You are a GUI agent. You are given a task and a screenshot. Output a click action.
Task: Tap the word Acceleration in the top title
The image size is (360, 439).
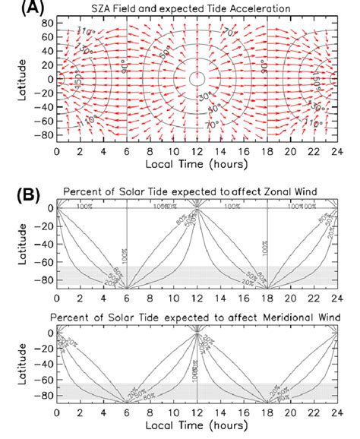[255, 9]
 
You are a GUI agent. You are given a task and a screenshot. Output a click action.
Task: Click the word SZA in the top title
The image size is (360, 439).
[125, 9]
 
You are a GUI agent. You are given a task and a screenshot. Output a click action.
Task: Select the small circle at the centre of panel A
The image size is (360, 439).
[197, 77]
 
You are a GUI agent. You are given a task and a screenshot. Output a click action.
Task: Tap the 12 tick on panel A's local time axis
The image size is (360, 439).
[197, 150]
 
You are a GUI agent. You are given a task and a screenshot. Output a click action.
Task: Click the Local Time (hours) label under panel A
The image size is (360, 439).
[197, 164]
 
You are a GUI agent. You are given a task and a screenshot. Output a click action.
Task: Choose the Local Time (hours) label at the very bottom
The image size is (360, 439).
[197, 428]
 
